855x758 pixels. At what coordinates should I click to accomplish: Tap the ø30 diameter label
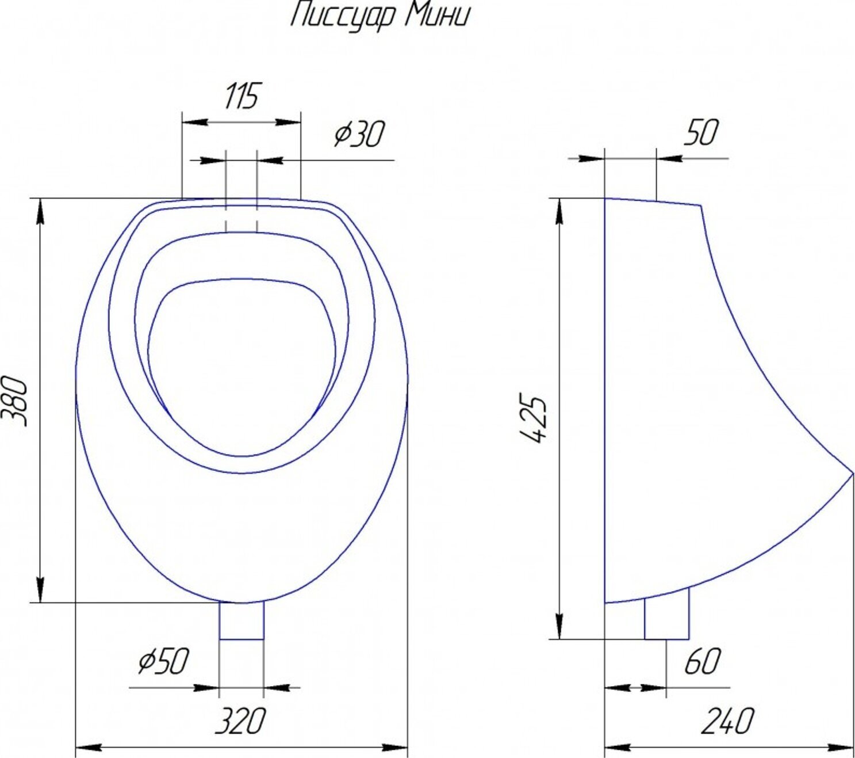click(x=359, y=134)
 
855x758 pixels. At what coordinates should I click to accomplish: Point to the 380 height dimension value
click(x=16, y=401)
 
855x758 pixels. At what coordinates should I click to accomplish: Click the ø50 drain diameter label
click(x=163, y=661)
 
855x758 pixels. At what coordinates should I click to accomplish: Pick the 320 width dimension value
click(x=240, y=721)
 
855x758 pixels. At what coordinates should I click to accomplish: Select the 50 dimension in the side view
click(x=700, y=133)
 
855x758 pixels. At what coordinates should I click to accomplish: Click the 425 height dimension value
click(x=534, y=418)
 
